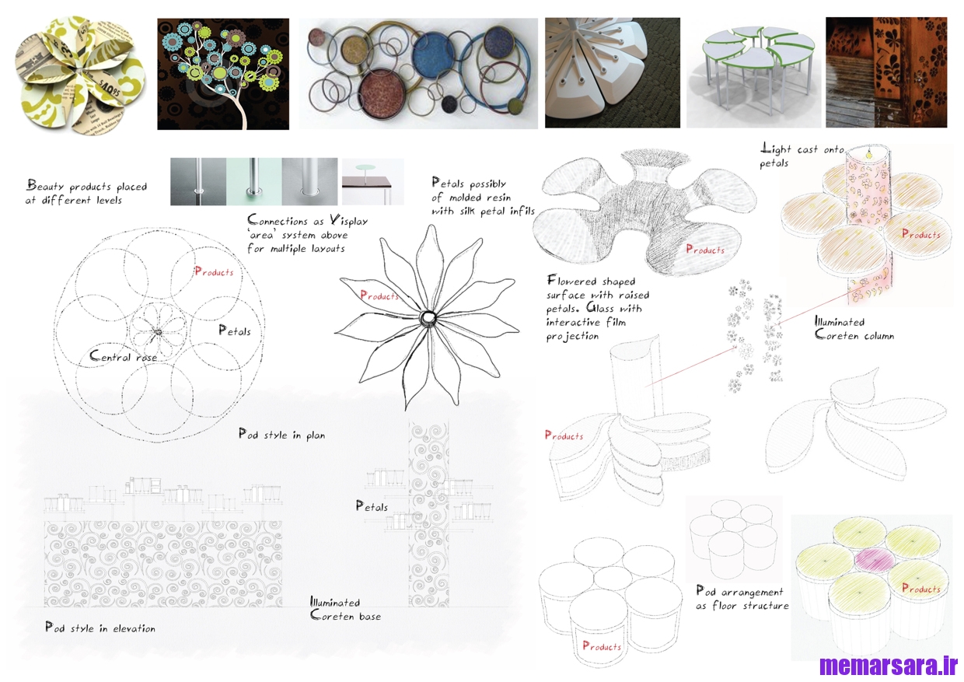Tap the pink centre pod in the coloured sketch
875,560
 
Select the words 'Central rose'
123,355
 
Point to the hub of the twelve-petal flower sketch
428,318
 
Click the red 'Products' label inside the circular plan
214,271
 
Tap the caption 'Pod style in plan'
282,434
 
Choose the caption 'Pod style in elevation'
100,628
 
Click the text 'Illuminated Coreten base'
346,608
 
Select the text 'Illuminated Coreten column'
854,328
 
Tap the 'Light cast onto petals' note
802,156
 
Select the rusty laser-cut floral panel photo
886,72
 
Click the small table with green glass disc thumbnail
373,182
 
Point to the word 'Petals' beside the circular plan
235,331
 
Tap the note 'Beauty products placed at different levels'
86,192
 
